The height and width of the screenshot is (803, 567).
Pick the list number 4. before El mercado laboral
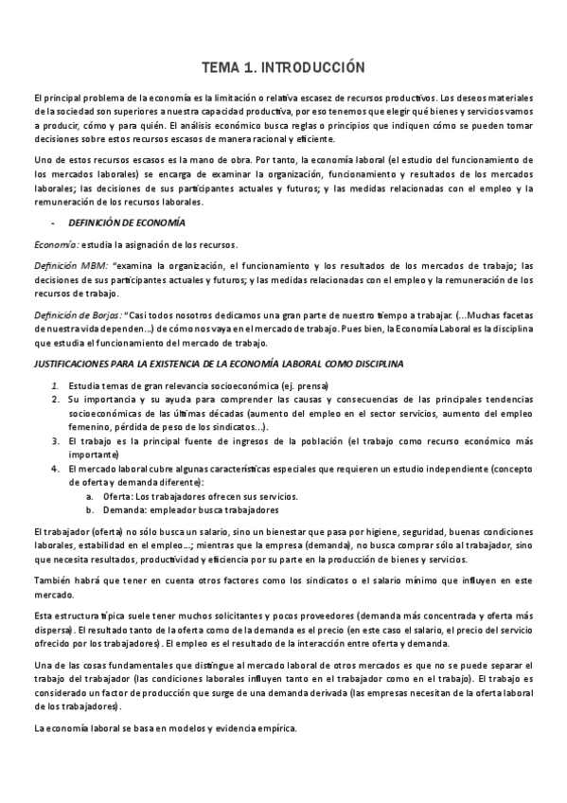[x=56, y=470]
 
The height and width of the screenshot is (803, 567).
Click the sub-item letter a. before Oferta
[x=89, y=496]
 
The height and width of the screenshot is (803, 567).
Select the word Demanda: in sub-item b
[x=127, y=509]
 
